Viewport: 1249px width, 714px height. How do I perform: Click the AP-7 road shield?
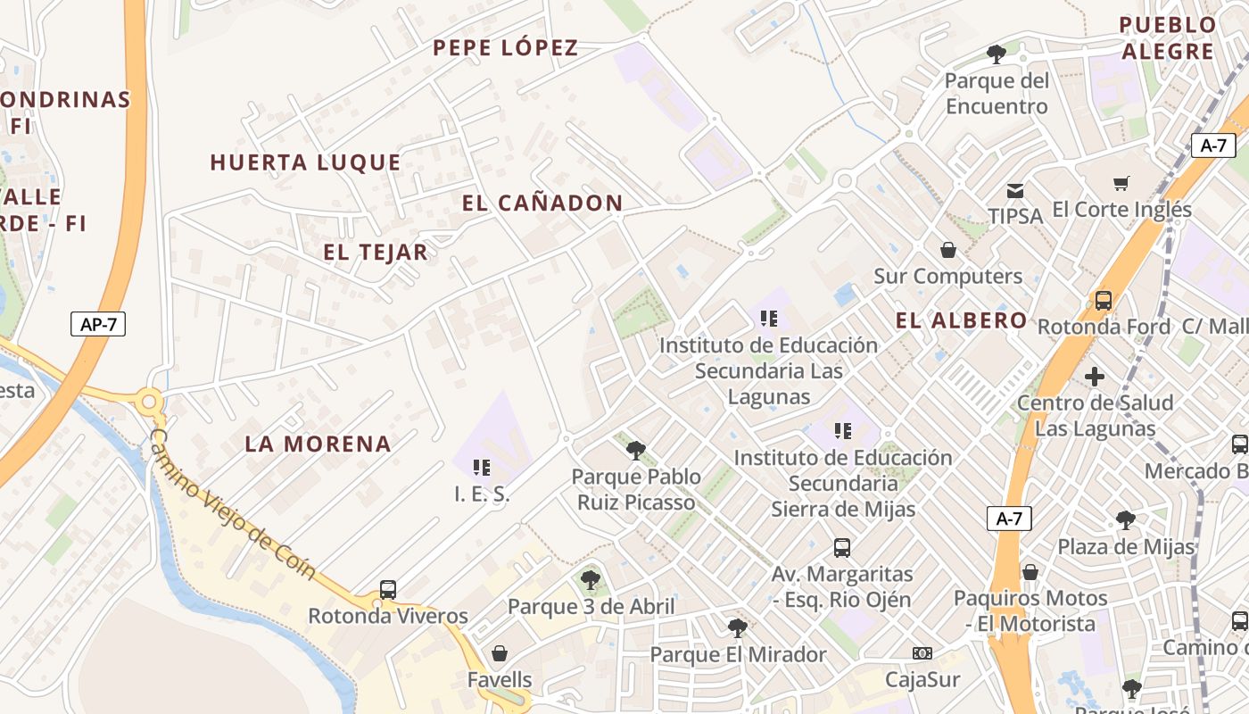pos(98,324)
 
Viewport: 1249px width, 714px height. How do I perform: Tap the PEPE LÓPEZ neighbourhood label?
pos(506,48)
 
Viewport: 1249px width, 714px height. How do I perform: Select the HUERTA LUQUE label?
pos(306,162)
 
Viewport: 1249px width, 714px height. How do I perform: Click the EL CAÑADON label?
pos(542,203)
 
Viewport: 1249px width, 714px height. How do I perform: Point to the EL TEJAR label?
pos(376,253)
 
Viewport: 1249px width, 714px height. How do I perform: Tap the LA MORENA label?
pos(318,444)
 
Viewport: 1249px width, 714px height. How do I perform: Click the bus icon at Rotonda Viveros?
pos(388,589)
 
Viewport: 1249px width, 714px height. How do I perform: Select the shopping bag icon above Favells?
pos(500,653)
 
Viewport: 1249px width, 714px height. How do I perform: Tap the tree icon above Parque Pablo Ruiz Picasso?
pos(635,450)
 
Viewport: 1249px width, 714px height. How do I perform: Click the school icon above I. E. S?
pos(482,467)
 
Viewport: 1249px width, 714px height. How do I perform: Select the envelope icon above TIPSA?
pos(1015,190)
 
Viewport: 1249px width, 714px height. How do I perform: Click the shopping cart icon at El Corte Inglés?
pos(1121,184)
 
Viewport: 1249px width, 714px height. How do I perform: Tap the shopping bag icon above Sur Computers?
pos(948,250)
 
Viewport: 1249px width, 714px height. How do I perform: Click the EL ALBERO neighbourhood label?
pos(962,321)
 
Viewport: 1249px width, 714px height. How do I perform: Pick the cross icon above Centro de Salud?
pos(1095,377)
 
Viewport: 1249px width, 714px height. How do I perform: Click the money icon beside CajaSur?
pos(922,653)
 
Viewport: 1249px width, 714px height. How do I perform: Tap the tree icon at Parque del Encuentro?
pos(997,54)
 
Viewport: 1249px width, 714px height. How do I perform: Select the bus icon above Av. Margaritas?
pos(842,548)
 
